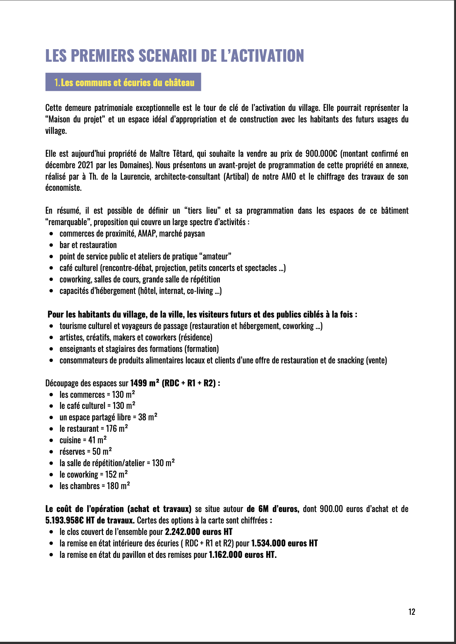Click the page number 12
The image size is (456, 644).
pos(412,612)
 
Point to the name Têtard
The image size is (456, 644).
pos(181,154)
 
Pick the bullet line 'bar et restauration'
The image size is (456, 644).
pos(88,245)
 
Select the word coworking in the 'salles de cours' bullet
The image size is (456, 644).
pos(75,279)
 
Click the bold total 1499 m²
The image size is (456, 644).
pos(144,383)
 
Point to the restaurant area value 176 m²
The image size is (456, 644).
pos(117,429)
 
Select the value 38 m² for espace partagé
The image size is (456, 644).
pos(148,417)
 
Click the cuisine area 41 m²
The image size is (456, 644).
pos(97,440)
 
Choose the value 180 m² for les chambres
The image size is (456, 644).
pos(118,486)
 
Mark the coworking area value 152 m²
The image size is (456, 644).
pos(117,475)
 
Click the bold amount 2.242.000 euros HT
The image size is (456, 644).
pos(198,532)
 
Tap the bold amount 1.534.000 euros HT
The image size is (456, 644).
pos(284,543)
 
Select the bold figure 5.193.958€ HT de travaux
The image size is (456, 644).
pos(90,521)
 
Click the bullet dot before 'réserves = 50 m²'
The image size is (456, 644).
pos(51,452)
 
